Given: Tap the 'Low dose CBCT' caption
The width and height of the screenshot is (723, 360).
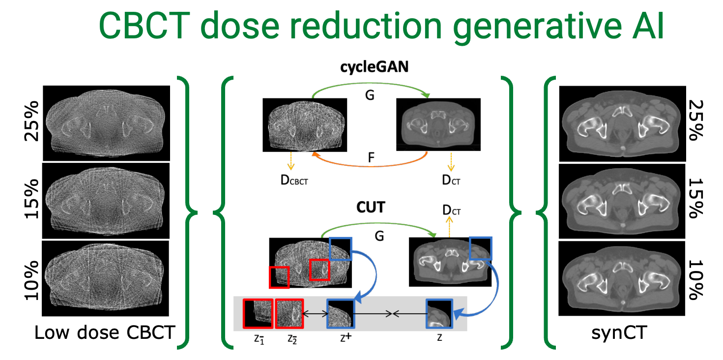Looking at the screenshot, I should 105,333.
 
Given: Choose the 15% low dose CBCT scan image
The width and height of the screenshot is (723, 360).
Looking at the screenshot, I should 106,201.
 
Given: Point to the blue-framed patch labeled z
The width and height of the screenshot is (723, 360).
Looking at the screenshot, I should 439,314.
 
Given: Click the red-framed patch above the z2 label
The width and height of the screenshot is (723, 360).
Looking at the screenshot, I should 290,314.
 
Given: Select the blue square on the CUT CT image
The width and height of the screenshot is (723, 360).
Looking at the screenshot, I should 480,247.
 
